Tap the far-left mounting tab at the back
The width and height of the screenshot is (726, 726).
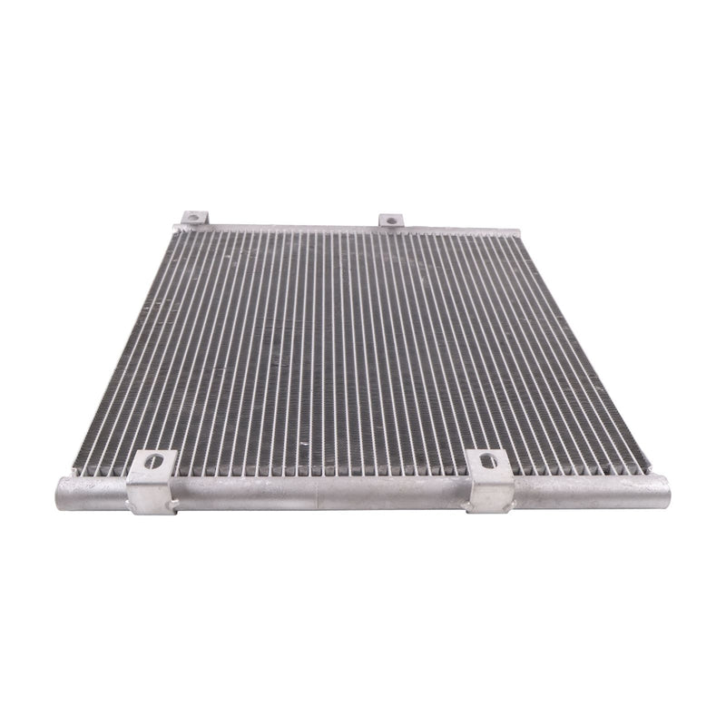click(194, 218)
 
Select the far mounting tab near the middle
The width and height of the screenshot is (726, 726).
click(390, 221)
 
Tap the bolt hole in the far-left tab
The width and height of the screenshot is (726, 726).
click(193, 217)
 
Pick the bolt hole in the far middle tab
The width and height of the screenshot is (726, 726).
click(390, 220)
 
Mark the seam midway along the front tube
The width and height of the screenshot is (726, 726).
click(318, 495)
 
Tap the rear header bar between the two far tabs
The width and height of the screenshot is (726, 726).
click(290, 226)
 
